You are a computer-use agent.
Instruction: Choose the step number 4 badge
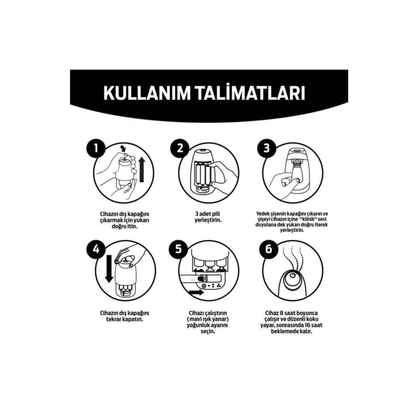[x=96, y=250]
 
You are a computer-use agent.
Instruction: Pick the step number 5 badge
[x=179, y=250]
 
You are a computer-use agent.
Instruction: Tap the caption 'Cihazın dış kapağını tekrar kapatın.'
[x=125, y=316]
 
